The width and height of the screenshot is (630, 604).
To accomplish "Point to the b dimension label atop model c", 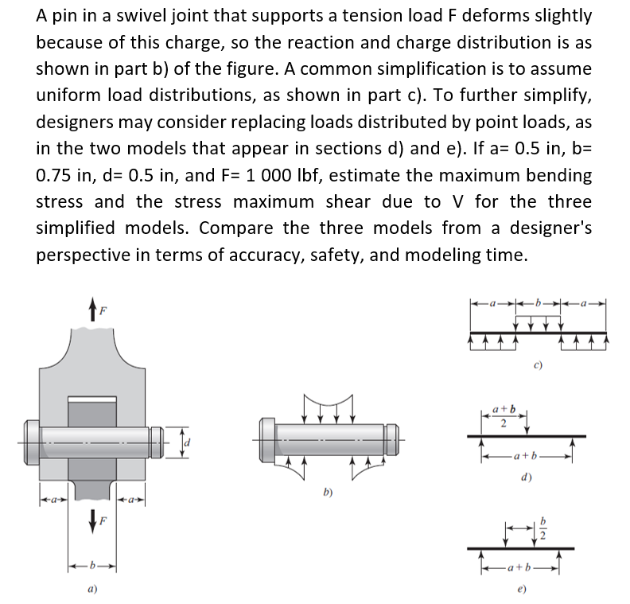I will click(539, 303).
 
